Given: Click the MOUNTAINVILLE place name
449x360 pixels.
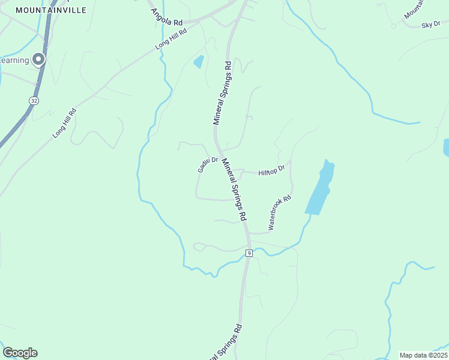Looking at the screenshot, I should click(50, 10).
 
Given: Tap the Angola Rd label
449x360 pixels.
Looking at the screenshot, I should click(167, 16).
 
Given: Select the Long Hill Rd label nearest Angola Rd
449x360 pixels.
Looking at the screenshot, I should click(171, 38).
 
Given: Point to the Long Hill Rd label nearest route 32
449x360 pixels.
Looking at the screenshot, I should click(65, 123).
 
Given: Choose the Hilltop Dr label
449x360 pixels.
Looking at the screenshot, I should click(271, 172).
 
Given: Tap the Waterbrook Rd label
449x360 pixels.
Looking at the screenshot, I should click(280, 213).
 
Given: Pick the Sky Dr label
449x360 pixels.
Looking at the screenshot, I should click(431, 25).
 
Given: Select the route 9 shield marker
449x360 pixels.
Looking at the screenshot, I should click(249, 253).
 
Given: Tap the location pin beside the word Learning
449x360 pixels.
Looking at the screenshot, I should click(39, 59).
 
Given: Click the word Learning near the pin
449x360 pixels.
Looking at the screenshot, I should click(14, 60).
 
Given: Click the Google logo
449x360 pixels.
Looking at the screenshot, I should click(20, 353).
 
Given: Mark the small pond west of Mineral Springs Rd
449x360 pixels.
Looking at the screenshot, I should click(198, 61).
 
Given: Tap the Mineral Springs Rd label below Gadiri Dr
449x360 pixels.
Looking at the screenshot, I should click(235, 188).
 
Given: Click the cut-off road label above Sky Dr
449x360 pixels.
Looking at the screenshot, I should click(414, 8).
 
